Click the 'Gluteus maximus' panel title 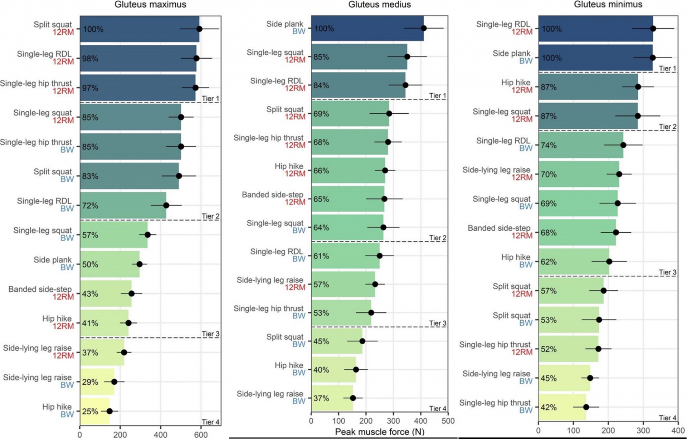[x=150, y=5]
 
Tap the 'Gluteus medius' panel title [x=379, y=5]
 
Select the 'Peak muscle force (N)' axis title [x=379, y=432]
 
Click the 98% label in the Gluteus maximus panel [x=90, y=59]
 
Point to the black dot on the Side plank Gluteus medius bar [x=424, y=28]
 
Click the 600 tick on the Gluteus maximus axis [x=201, y=434]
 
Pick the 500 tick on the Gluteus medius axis [x=448, y=421]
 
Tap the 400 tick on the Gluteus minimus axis [x=678, y=431]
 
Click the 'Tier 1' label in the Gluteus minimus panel [x=667, y=68]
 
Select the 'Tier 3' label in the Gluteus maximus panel [x=210, y=334]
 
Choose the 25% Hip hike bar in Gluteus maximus [x=95, y=411]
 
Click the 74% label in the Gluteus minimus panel [x=549, y=145]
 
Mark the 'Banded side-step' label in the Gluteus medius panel [x=272, y=195]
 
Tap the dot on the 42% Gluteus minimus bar [x=586, y=407]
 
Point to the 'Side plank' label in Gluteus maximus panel [x=53, y=260]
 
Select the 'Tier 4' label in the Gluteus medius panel [x=438, y=408]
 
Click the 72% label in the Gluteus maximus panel [x=90, y=206]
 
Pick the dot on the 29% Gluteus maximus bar [x=114, y=382]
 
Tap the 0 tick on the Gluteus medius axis [x=311, y=421]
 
